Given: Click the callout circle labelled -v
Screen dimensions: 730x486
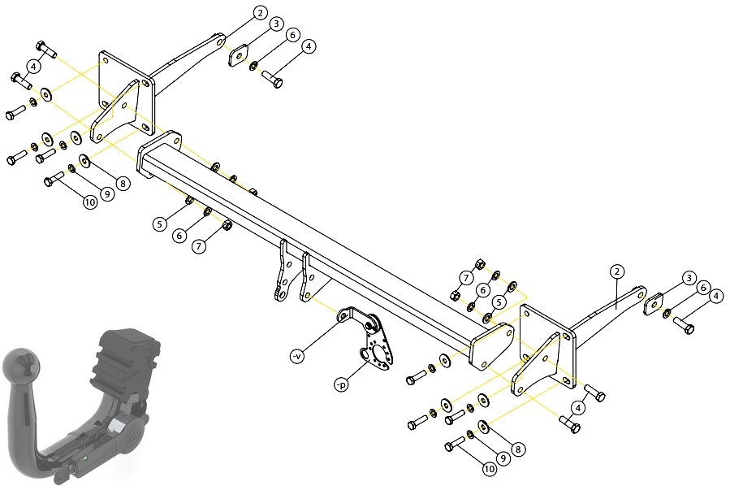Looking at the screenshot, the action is point(296,357).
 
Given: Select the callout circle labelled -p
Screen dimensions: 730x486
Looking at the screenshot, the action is point(341,385).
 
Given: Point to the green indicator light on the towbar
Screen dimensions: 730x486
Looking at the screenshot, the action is point(85,458).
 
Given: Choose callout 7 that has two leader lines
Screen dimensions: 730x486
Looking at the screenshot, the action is point(466,278).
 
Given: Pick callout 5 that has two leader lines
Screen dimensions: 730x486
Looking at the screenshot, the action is point(499,302).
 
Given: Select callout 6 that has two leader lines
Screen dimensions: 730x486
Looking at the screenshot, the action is point(483,290).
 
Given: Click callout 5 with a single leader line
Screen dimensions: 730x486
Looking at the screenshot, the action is point(160,224).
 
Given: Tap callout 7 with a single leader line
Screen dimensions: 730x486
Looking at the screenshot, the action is point(199,246).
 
